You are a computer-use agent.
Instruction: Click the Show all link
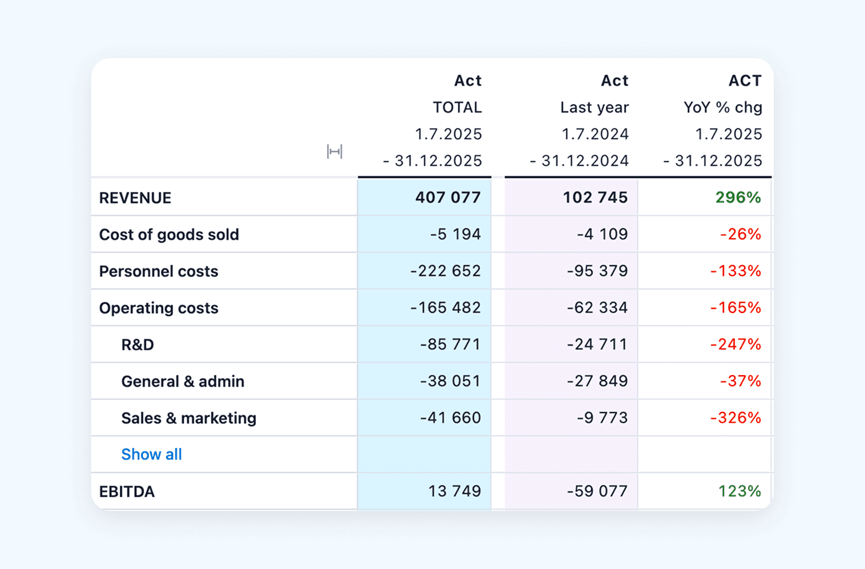151,455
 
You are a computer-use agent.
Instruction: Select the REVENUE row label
135,198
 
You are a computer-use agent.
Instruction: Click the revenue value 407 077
448,197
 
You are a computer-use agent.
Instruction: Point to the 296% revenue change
738,197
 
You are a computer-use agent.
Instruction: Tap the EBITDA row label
127,491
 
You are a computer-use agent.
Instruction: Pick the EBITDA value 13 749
454,491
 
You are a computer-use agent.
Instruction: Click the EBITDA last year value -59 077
597,491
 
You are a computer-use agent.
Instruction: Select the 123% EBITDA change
739,491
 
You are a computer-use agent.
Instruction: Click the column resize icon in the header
335,152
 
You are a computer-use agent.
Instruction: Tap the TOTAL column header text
457,108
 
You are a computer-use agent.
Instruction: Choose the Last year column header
594,108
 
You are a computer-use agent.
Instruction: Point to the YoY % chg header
723,108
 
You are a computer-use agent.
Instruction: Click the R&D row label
137,345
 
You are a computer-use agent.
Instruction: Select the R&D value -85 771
450,344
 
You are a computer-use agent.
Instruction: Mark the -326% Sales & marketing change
735,418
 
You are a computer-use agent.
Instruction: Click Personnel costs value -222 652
446,271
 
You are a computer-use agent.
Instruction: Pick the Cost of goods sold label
169,235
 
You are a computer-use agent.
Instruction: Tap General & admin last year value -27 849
597,381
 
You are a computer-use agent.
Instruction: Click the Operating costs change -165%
735,308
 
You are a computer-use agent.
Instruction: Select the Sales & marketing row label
188,418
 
